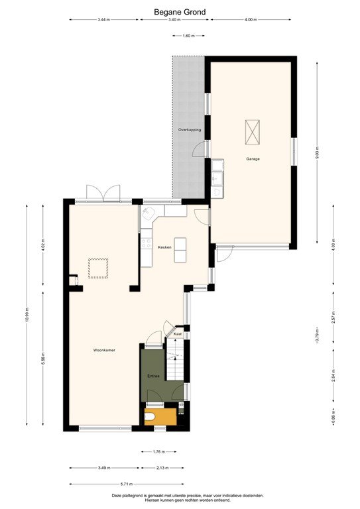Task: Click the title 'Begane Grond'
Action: click(x=180, y=11)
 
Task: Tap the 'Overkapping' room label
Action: click(x=190, y=130)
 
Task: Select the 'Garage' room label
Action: click(x=253, y=159)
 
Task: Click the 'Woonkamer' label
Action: click(x=104, y=350)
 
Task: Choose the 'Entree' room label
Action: click(x=153, y=376)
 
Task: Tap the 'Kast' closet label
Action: click(x=177, y=335)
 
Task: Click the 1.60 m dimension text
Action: click(x=188, y=36)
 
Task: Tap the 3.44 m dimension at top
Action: click(x=103, y=20)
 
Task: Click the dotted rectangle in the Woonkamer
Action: click(x=99, y=268)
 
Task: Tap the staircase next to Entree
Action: click(x=174, y=367)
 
